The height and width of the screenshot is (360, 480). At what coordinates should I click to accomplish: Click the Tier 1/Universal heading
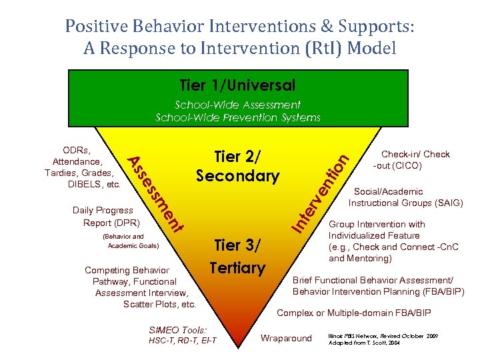point(237,85)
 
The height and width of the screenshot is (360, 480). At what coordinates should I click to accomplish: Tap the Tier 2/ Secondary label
point(237,166)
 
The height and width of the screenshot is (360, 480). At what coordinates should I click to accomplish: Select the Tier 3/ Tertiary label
point(237,256)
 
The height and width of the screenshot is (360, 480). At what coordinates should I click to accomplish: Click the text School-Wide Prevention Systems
point(238,117)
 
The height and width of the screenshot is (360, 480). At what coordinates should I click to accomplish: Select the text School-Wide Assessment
point(238,105)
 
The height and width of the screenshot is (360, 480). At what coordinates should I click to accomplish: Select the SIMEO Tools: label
point(178,330)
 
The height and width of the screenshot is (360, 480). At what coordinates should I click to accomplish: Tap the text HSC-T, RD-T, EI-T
point(183,341)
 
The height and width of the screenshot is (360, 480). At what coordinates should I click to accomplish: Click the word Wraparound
point(286,338)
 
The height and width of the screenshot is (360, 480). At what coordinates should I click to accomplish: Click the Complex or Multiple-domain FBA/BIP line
point(354,313)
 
